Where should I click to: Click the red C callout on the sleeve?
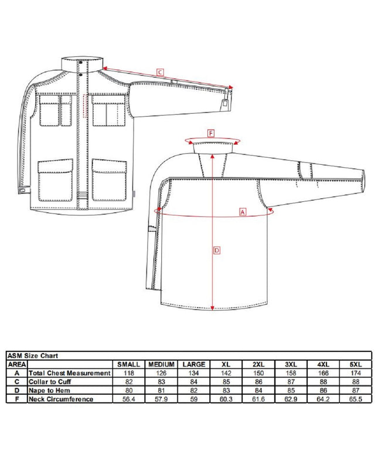tap(160, 72)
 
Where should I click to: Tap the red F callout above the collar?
tap(211, 134)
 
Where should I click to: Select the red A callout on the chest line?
tap(243, 212)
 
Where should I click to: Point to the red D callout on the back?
tap(217, 250)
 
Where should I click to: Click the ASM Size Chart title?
tap(33, 356)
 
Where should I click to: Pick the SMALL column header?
tap(129, 364)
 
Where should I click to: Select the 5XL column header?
tap(356, 364)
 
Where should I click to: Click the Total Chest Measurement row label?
tap(70, 373)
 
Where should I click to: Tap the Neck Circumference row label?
tap(61, 399)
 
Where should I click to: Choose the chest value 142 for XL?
tap(226, 373)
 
